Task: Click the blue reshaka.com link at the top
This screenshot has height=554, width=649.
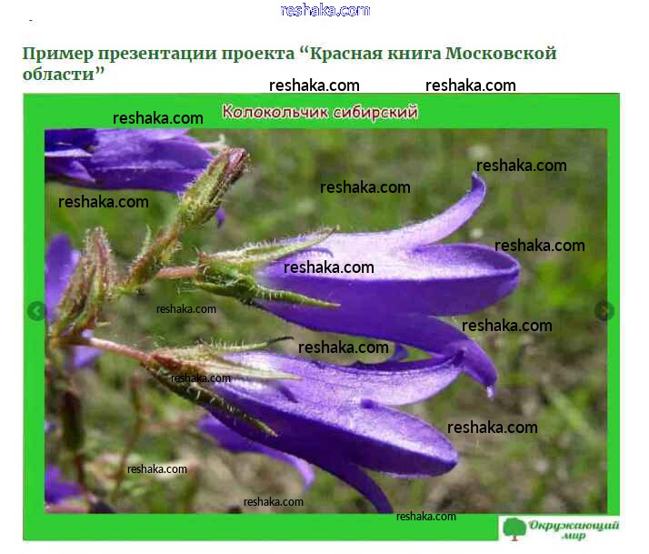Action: coord(324,10)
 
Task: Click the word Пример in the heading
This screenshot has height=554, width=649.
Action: coord(58,55)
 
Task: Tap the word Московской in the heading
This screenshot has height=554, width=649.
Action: coord(501,53)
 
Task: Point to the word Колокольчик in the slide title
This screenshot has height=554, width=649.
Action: coord(275,112)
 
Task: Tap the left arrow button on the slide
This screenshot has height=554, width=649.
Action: coord(36,311)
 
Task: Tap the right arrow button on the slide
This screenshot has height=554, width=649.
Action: coord(604,311)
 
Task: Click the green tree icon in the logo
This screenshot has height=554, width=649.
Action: coord(514,529)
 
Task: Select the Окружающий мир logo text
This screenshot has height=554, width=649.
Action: coord(574,530)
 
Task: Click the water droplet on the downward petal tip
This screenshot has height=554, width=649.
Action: coord(491,391)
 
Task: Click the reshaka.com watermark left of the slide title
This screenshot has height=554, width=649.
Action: coord(157,118)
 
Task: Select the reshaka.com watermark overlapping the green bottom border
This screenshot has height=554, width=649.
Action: coord(426,517)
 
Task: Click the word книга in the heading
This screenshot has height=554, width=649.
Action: coord(414,54)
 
